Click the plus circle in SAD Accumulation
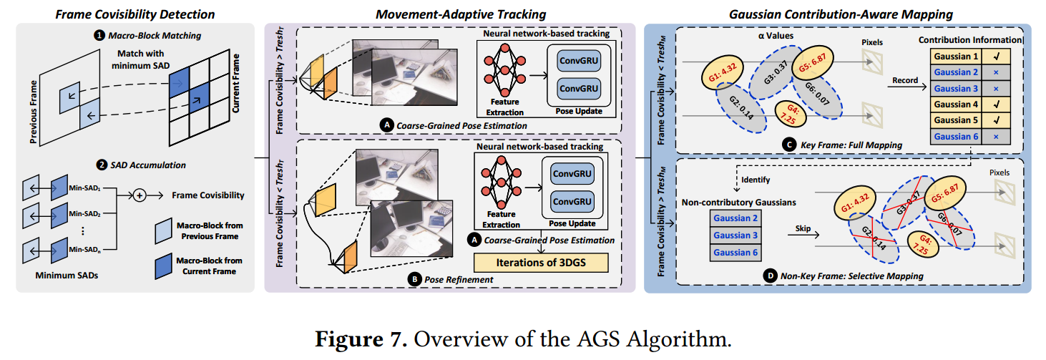140,194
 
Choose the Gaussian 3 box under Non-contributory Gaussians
735,235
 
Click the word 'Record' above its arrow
904,80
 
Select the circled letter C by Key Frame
789,145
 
